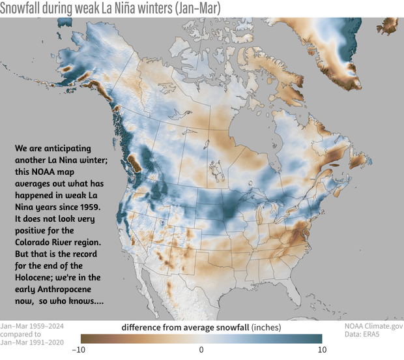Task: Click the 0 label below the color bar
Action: coord(202,350)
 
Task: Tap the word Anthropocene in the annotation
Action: coord(69,289)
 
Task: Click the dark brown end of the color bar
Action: coord(85,338)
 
